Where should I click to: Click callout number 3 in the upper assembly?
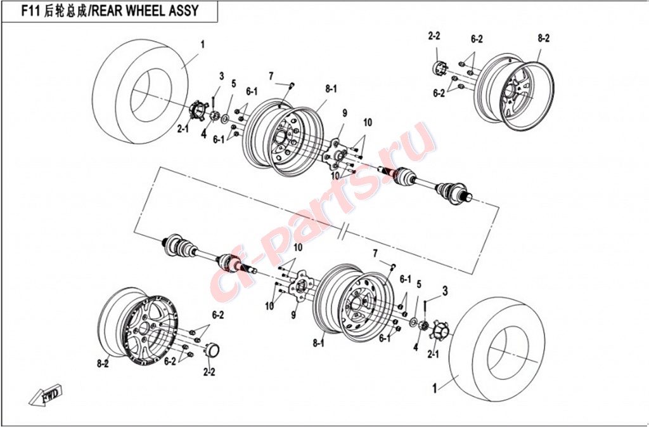coord(222,76)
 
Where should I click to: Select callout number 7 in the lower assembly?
coord(375,254)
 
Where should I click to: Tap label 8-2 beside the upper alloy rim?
coord(543,38)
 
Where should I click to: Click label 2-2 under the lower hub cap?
coord(209,372)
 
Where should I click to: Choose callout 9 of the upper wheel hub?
coord(345,114)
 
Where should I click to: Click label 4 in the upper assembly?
coord(204,135)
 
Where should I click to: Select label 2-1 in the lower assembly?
coord(434,353)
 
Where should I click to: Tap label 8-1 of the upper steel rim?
coord(331,89)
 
